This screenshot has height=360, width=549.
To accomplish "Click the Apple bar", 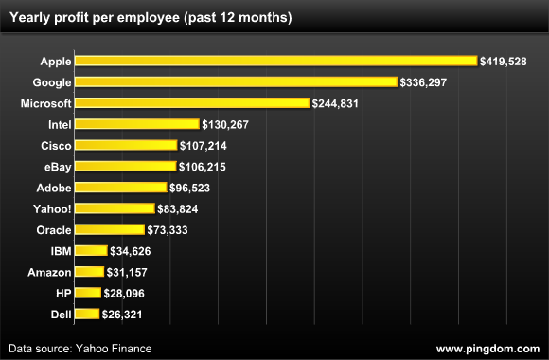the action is click(x=275, y=61).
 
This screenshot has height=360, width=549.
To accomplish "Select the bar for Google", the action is click(x=236, y=81).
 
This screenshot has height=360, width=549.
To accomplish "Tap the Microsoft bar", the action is click(x=192, y=102).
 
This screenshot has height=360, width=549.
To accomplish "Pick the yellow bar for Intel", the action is click(x=137, y=124).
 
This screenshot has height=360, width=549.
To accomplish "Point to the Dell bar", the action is click(x=87, y=314).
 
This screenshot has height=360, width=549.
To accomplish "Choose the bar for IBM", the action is click(x=91, y=250).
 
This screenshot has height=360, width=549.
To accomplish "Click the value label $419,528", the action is click(x=504, y=62).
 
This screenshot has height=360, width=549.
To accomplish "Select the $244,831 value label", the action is click(x=335, y=103).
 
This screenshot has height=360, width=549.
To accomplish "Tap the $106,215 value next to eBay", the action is click(x=202, y=167).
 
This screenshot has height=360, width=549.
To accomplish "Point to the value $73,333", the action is click(x=168, y=230).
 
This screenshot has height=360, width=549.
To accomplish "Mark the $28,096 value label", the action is click(x=124, y=293).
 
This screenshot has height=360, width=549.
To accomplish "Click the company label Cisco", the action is click(x=56, y=146).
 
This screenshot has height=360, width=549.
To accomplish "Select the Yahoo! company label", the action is click(x=52, y=209).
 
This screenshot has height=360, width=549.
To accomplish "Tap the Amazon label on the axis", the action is click(x=49, y=272).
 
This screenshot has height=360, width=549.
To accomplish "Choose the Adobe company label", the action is click(x=54, y=188).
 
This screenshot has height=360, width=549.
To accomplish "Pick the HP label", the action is click(x=63, y=293).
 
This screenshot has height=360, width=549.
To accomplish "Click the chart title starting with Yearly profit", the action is click(x=151, y=18).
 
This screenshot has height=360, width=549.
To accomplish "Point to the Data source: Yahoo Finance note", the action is click(x=80, y=349).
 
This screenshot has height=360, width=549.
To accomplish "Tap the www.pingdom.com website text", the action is click(x=488, y=349).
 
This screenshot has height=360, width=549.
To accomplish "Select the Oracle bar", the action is click(x=110, y=229).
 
